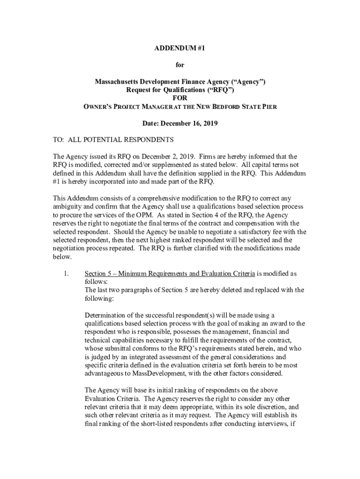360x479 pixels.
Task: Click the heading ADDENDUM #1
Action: click(x=180, y=48)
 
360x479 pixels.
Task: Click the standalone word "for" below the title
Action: click(x=180, y=65)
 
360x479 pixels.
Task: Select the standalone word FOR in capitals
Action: click(x=180, y=98)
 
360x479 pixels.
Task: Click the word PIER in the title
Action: click(x=270, y=107)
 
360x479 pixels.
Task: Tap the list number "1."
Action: click(x=66, y=273)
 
